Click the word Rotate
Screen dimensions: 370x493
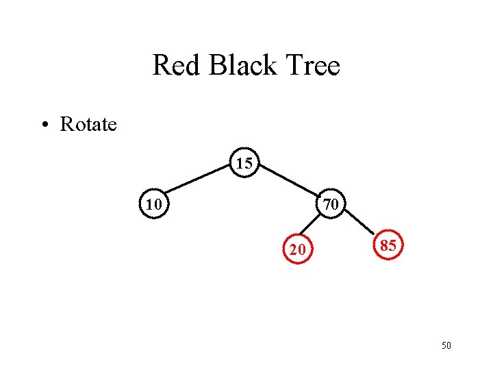(x=88, y=125)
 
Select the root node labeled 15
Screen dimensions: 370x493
(x=244, y=163)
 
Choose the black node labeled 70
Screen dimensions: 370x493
(x=331, y=203)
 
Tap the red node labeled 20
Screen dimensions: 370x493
(x=297, y=249)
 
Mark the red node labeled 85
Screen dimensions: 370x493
(x=388, y=246)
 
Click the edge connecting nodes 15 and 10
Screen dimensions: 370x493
(x=199, y=182)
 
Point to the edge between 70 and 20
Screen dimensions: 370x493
(x=313, y=227)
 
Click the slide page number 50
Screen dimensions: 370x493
(x=446, y=346)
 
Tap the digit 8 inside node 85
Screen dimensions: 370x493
(x=383, y=246)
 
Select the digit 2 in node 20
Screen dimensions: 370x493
(x=293, y=250)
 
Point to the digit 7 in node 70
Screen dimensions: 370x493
(x=327, y=204)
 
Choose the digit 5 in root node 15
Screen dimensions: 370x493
(x=249, y=164)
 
